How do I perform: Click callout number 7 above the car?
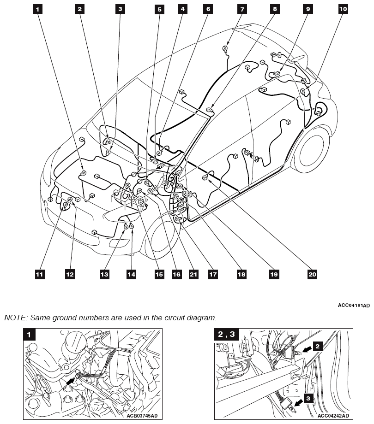pyautogui.click(x=241, y=8)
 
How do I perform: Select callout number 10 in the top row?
pyautogui.click(x=343, y=8)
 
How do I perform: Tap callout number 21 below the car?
pyautogui.click(x=193, y=274)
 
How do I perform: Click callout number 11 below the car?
pyautogui.click(x=40, y=274)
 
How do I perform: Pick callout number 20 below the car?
pyautogui.click(x=312, y=274)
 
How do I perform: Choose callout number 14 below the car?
pyautogui.click(x=132, y=274)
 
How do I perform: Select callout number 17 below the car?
pyautogui.click(x=212, y=274)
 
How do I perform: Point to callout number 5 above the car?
pyautogui.click(x=160, y=8)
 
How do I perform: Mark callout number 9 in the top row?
pyautogui.click(x=308, y=8)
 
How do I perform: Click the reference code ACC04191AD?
pyautogui.click(x=354, y=305)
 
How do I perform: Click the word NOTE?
pyautogui.click(x=15, y=318)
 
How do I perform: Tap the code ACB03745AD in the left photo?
pyautogui.click(x=142, y=416)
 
